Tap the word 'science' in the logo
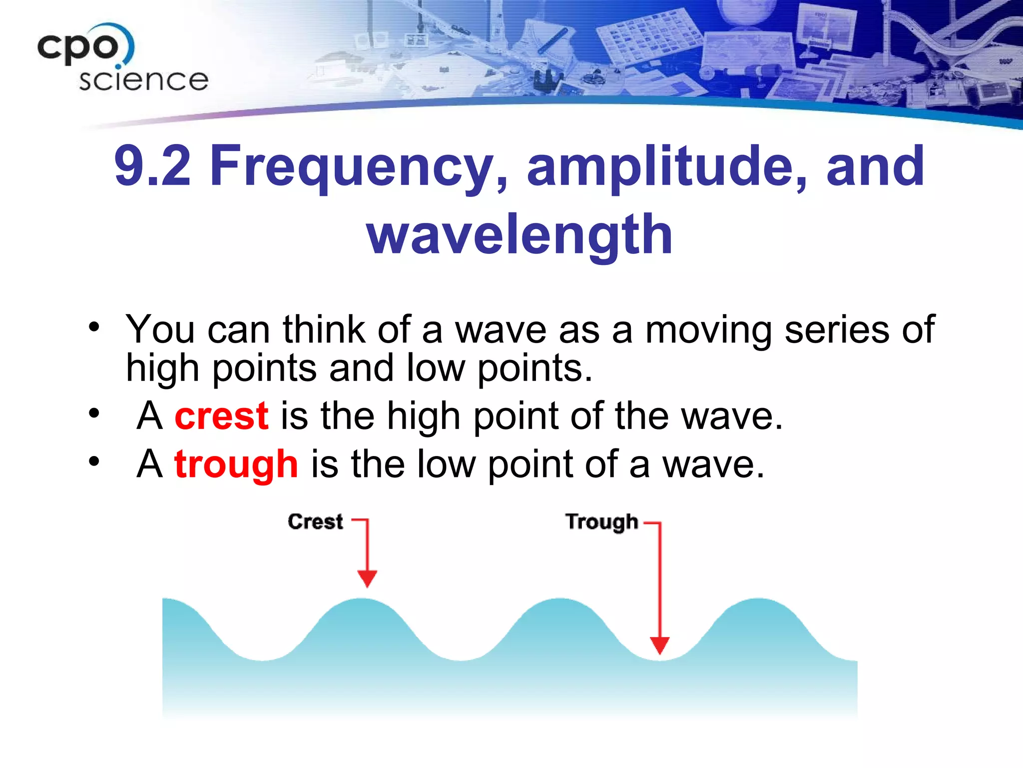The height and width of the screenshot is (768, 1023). (143, 80)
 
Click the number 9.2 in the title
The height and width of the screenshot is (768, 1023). (152, 166)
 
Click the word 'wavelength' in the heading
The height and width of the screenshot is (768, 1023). (519, 234)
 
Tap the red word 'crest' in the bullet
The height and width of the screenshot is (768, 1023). (221, 416)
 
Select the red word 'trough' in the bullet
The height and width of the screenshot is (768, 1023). (236, 464)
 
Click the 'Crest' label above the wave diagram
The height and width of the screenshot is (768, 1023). (315, 521)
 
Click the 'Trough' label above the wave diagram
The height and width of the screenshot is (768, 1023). (601, 521)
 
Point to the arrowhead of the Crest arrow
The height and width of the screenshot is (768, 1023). (367, 578)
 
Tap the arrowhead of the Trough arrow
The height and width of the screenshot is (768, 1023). (659, 645)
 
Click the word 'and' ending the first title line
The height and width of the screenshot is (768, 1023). (875, 166)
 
